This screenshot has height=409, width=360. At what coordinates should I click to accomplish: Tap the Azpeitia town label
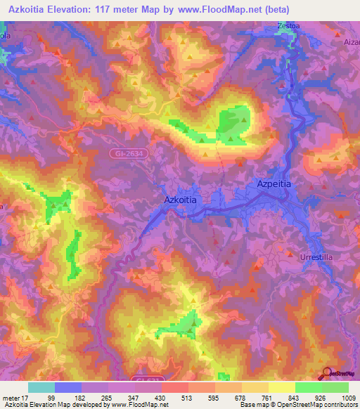click(272, 183)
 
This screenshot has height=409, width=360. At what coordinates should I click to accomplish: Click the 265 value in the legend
click(106, 398)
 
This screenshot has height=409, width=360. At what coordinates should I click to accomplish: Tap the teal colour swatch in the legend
click(41, 387)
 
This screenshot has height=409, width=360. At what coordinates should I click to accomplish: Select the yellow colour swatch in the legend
click(281, 387)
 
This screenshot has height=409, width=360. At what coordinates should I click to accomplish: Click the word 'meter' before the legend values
click(11, 398)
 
